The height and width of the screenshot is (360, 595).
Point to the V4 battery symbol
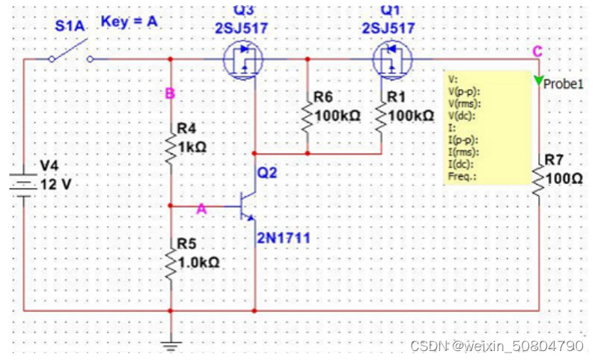pos(24,182)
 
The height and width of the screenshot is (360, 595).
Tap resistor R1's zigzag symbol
pos(380,116)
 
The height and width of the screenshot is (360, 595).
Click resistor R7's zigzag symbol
pos(539,179)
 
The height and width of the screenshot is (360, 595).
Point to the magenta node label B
pos(170,94)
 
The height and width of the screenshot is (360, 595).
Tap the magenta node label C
pos(537,51)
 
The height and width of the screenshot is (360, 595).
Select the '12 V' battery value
pos(57,184)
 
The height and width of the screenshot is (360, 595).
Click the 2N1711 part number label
pos(284,238)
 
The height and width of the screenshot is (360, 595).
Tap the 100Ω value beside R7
pos(561,180)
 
